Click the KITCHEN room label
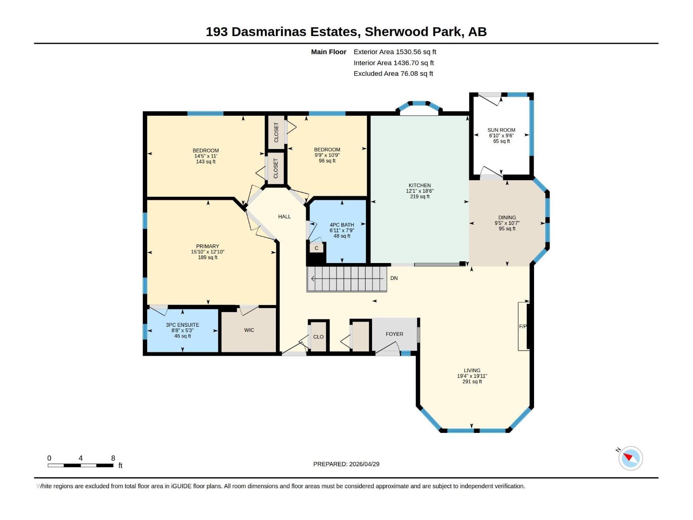click(419, 185)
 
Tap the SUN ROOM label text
click(501, 130)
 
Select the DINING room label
click(507, 218)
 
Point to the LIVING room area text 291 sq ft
click(472, 382)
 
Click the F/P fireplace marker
click(523, 326)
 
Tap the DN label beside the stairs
click(394, 278)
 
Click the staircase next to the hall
click(346, 279)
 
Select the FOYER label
click(394, 334)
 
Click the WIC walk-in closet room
click(249, 330)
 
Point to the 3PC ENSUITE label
click(182, 325)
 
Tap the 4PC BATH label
click(342, 225)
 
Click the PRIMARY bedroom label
click(207, 246)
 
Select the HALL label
click(285, 217)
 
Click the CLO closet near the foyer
click(318, 337)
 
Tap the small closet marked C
click(317, 248)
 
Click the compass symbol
click(630, 458)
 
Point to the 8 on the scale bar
click(113, 458)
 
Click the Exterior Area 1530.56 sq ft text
click(395, 52)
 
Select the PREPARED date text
click(346, 464)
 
